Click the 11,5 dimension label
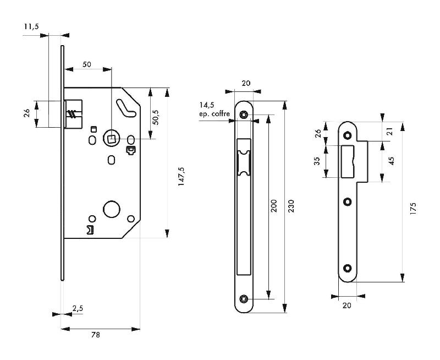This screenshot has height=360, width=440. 31,26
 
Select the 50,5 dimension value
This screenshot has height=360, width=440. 156,117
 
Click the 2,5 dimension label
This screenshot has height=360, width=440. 78,309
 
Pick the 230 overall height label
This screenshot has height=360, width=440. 292,206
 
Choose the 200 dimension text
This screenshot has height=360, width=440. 274,206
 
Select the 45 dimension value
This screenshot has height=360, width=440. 391,161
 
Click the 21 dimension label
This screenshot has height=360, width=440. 391,131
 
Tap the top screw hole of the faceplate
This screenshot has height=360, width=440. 244,115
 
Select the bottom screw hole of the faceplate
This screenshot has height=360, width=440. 244,299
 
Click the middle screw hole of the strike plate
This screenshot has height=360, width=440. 347,201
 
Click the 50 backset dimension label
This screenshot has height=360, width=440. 87,64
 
